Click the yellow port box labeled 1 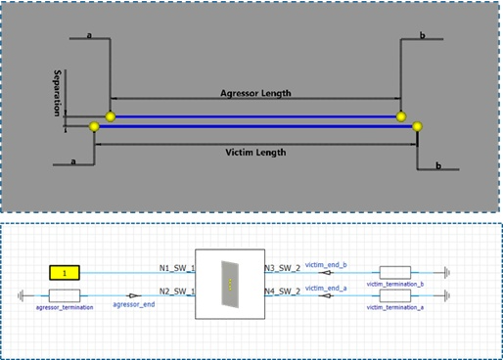pos(65,272)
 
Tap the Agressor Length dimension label pos(255,94)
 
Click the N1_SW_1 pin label pos(178,267)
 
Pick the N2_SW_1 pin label pos(178,291)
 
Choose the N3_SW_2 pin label pos(283,267)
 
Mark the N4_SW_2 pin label pos(283,291)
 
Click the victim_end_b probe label pos(326,263)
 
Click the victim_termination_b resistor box pos(394,272)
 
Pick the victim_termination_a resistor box pos(394,295)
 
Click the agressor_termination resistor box pos(65,294)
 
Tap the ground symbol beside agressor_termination pos(23,294)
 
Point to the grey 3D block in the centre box pos(229,283)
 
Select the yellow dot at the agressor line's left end pos(111,116)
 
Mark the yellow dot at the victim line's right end pos(417,126)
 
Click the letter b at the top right pos(423,36)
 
